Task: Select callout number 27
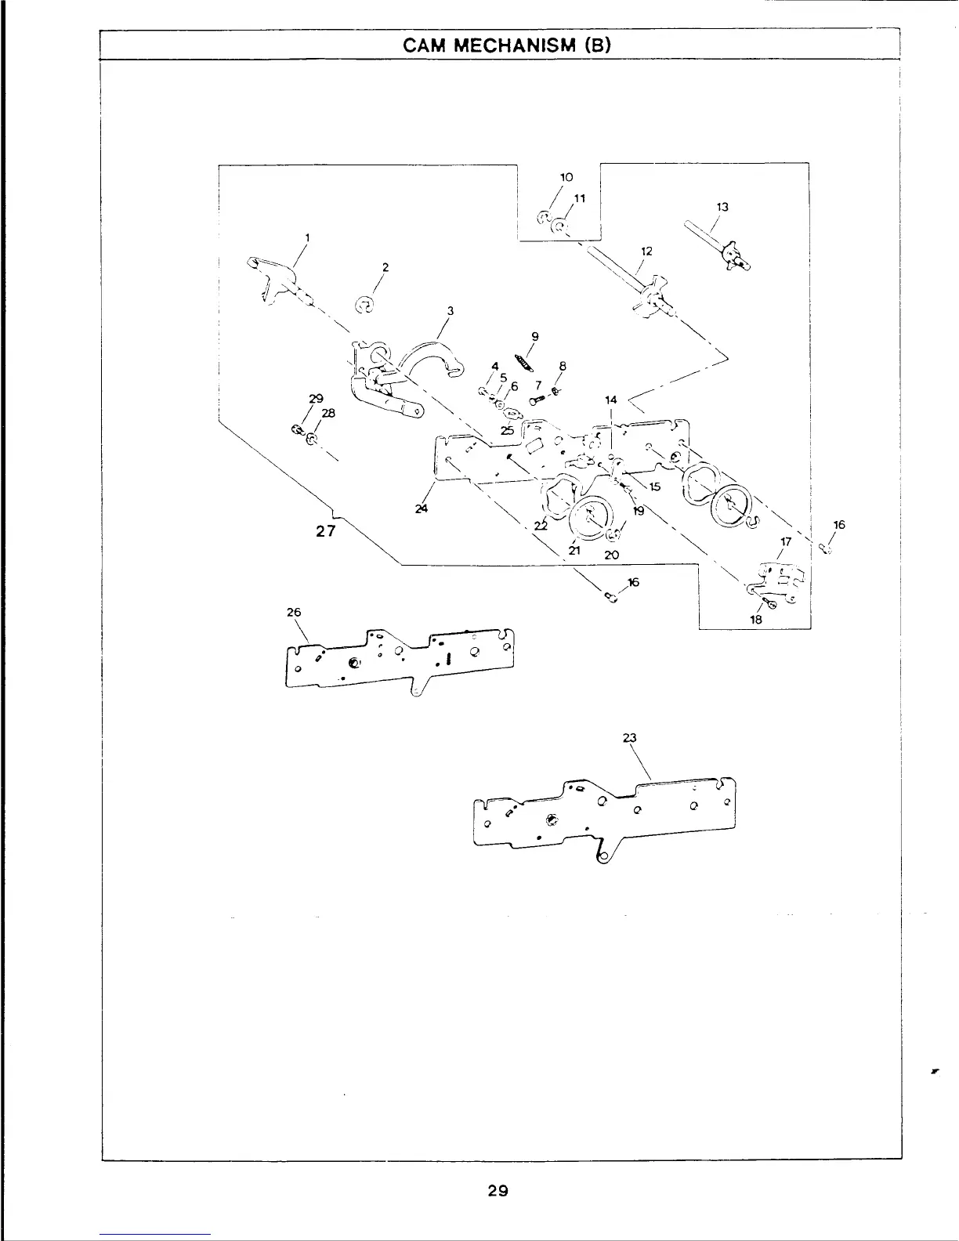click(326, 530)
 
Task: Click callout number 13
click(722, 207)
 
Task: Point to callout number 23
click(629, 738)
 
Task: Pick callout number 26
click(295, 613)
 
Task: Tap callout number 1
click(307, 237)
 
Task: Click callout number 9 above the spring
click(534, 337)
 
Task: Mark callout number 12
click(647, 251)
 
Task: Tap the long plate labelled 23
click(603, 815)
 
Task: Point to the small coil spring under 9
click(524, 362)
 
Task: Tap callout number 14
click(611, 400)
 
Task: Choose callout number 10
click(568, 177)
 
